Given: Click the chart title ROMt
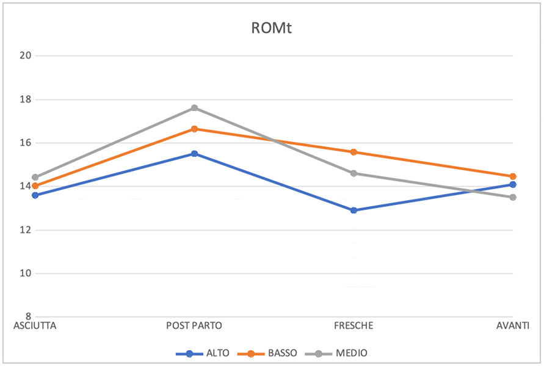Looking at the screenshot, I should (272, 28).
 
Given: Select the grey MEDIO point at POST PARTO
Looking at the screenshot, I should (194, 108).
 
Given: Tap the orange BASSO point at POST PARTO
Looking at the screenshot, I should (194, 129).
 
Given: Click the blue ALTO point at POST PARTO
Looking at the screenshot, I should (194, 154).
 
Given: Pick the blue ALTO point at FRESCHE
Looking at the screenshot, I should (354, 210).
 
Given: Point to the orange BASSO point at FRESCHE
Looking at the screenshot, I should (354, 152).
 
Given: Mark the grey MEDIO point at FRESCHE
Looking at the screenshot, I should (354, 173).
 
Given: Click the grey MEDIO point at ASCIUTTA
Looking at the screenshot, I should (35, 178).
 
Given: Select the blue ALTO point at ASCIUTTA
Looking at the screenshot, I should (35, 195).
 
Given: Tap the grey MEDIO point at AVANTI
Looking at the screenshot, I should (513, 197).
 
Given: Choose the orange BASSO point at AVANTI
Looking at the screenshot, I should (513, 176).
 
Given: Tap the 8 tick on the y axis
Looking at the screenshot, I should (27, 317).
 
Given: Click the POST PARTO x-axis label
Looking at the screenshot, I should (194, 326).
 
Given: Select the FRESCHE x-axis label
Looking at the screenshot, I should (354, 326).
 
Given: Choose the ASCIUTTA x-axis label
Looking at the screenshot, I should (35, 326).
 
